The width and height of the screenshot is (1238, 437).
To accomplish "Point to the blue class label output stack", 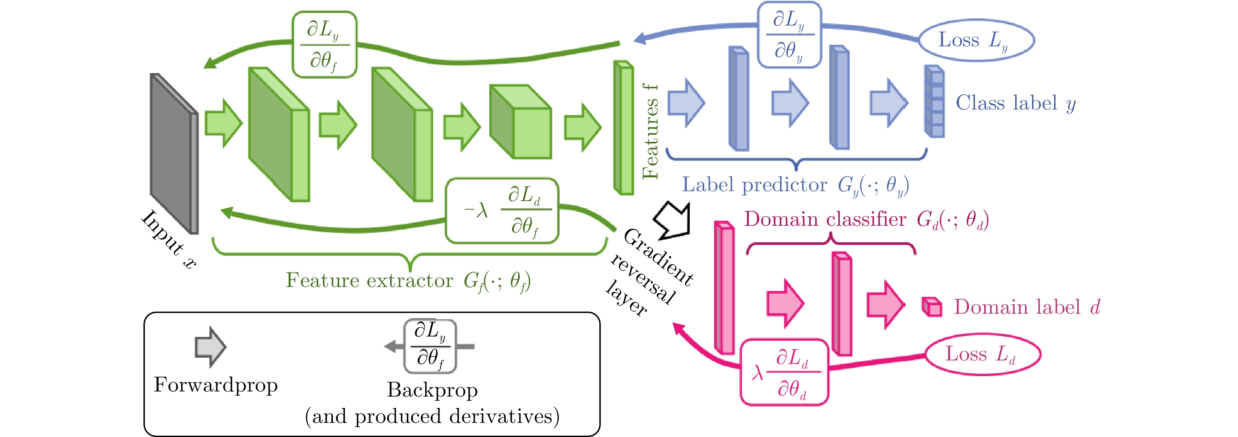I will tap(935, 102).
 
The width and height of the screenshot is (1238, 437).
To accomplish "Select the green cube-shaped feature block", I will tap(520, 122).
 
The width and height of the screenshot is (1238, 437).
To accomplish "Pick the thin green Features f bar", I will tap(624, 128).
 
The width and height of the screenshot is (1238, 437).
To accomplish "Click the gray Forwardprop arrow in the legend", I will tap(210, 347).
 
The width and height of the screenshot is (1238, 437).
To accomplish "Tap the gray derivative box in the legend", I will tap(430, 346).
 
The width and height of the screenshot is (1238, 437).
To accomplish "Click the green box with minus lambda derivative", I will tap(502, 211).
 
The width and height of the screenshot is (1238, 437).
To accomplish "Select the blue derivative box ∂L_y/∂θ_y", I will tap(789, 35).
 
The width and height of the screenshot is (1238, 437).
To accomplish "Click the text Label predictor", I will tap(755, 185).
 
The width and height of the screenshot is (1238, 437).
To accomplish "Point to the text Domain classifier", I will tap(825, 219).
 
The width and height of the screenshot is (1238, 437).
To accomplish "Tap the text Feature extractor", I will tap(369, 280).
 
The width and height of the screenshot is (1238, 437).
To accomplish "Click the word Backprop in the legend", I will tap(432, 390).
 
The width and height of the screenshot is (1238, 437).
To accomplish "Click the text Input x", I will tap(169, 239).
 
